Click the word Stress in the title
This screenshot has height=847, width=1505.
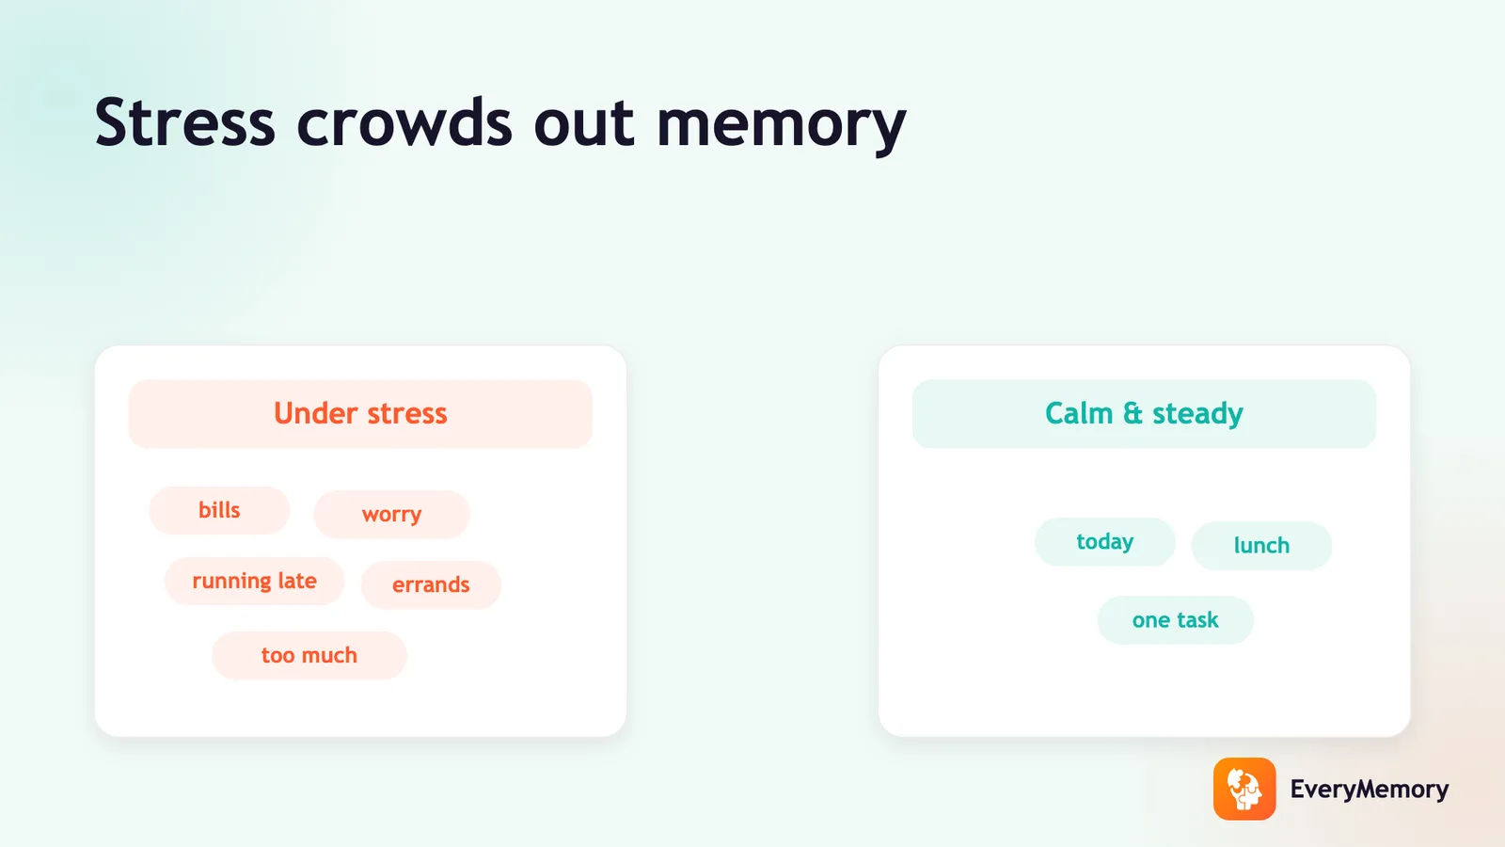[x=184, y=122]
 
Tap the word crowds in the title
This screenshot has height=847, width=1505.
[x=404, y=122]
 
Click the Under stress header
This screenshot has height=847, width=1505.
[x=360, y=413]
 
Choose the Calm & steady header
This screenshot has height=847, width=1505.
[x=1144, y=413]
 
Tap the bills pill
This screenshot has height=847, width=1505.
[x=219, y=510]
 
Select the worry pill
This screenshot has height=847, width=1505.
[x=391, y=514]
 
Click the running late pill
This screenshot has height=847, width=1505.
[x=254, y=581]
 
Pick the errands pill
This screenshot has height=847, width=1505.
[x=431, y=584]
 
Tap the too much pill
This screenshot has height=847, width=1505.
[x=309, y=655]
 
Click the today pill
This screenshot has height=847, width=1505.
[x=1104, y=542]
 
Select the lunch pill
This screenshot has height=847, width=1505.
[x=1261, y=546]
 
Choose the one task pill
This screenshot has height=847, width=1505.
[x=1175, y=620]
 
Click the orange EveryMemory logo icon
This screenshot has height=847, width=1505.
[x=1244, y=790]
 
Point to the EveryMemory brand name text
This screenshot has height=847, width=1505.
[x=1370, y=790]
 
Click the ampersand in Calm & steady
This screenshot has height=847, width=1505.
[x=1133, y=413]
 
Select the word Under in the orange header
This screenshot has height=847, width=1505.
[x=315, y=413]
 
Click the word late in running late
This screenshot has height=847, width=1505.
[x=297, y=580]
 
